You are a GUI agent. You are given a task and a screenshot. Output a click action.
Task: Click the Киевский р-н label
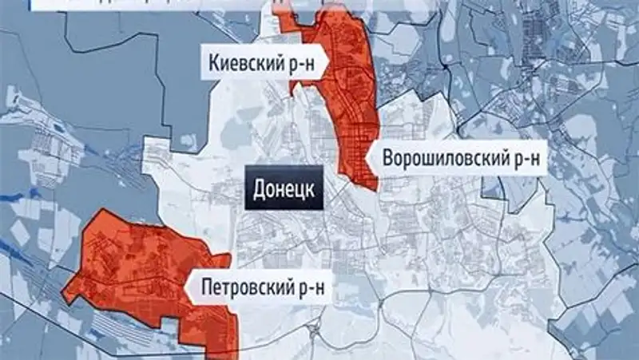coord(264,63)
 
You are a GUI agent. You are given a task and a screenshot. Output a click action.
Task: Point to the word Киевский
coord(244,63)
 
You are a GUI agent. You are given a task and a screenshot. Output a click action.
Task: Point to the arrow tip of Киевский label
coord(327,63)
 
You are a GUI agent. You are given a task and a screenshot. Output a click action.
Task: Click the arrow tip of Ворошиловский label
coord(366,160)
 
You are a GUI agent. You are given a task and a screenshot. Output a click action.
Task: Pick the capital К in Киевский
coord(214,63)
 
